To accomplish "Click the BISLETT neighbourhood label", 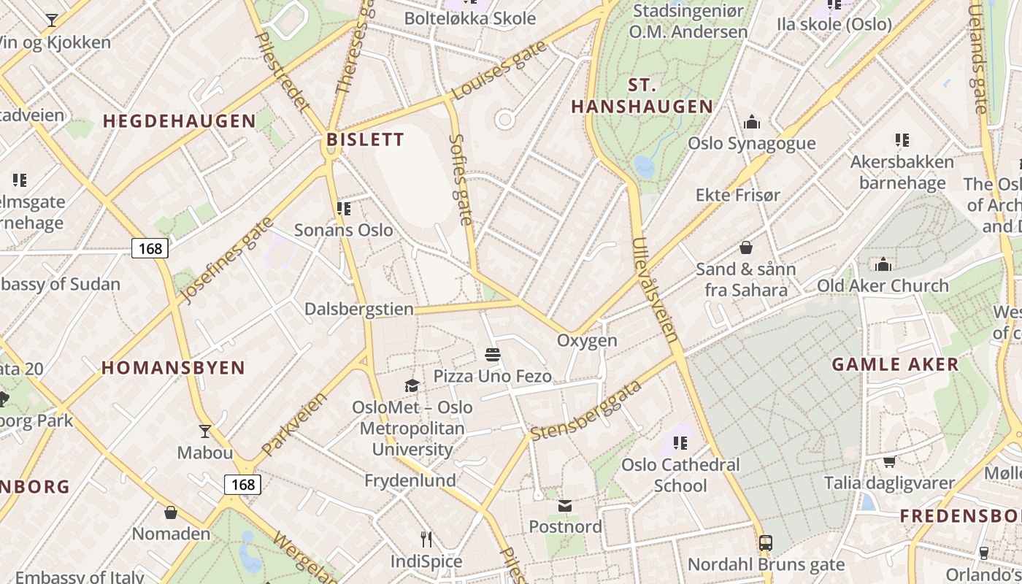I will [365, 139].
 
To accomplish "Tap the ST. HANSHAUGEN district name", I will [642, 96].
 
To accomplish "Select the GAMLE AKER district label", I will [895, 364].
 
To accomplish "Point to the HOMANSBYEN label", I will [173, 368].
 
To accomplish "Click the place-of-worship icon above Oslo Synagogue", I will [751, 123].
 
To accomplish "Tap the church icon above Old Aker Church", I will [883, 264].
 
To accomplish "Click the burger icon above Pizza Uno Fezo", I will [493, 356].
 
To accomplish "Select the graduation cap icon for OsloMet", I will [412, 386].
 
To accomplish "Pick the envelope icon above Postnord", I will [565, 506].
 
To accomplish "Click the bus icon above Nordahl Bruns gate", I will [765, 543].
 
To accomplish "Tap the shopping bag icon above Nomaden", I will [171, 512].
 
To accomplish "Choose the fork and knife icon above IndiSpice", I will [426, 539].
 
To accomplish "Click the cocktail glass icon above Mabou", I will [205, 431].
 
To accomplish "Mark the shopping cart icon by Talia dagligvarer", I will [889, 461].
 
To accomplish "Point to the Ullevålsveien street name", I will [656, 290].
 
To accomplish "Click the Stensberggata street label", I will [585, 410].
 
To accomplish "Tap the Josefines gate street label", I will [225, 260].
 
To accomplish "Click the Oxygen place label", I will [587, 341].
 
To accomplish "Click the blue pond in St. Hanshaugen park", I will [644, 166].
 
